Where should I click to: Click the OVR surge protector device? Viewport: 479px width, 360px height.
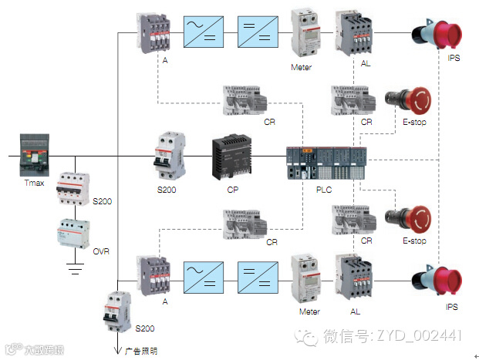tap(76, 232)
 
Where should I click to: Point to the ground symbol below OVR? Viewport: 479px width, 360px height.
tap(76, 270)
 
